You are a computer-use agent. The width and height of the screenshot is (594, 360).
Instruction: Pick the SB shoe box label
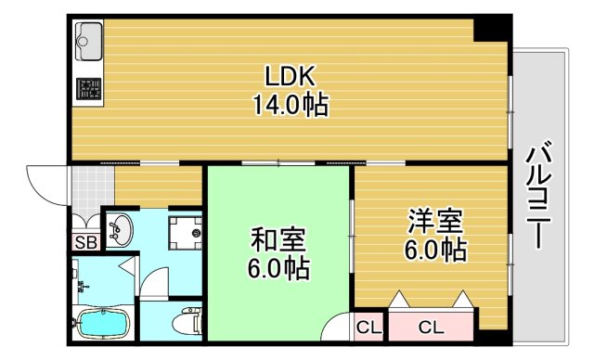coord(85,244)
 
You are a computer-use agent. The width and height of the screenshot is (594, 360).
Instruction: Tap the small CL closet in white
coord(368,327)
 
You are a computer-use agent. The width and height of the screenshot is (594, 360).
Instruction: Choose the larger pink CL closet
coord(430,327)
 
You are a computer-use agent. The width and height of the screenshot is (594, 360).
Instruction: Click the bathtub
coord(105,326)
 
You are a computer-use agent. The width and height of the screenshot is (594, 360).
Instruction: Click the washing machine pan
coord(187,231)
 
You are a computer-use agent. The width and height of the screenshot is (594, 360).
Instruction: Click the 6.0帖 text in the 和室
coord(277,269)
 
